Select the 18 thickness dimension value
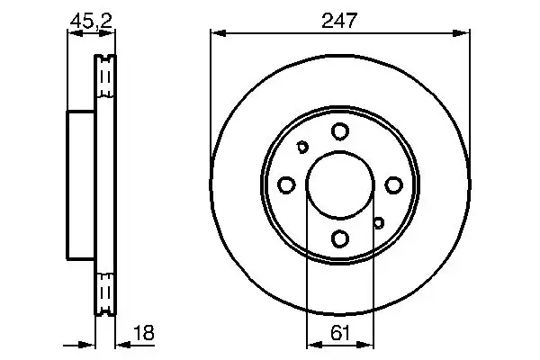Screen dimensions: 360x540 click(143, 332)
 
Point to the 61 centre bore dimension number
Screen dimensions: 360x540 click(338, 332)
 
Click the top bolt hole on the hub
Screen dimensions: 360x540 click(339, 131)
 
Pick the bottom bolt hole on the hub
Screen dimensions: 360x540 click(339, 238)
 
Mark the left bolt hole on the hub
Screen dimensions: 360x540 click(286, 185)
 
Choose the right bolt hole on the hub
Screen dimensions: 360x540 click(392, 185)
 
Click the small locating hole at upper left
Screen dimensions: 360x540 click(302, 148)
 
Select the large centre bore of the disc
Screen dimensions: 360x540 click(339, 185)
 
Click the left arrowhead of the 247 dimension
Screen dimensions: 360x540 click(216, 33)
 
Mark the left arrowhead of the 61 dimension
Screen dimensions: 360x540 click(313, 344)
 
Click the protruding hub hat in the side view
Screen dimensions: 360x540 click(81, 185)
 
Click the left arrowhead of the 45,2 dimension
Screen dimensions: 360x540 click(74, 33)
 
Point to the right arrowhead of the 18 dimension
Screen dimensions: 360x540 click(121, 344)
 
